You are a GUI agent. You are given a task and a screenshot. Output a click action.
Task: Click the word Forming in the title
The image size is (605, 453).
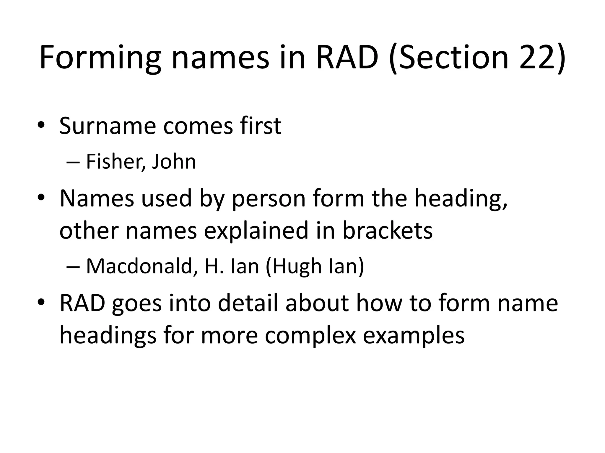100,58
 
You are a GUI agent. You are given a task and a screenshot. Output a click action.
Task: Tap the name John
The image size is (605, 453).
174,162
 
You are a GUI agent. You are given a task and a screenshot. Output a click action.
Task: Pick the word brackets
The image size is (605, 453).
387,231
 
